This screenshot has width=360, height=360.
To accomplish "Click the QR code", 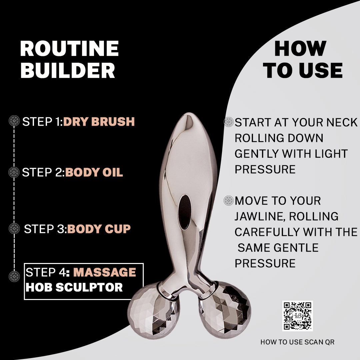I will tap(297, 316).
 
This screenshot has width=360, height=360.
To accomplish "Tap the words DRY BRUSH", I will tap(99, 122).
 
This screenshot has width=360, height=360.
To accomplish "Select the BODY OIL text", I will tap(94, 172).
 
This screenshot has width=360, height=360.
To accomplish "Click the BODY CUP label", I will tap(99, 229).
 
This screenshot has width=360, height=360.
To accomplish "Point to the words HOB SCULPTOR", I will tap(74, 287).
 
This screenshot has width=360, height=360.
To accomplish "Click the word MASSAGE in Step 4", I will tap(105, 272).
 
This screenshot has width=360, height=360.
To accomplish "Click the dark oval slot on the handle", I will tap(185, 212).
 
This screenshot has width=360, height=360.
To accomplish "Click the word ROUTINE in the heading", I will tap(69, 49).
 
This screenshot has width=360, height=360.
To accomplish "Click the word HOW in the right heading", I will tap(300, 49).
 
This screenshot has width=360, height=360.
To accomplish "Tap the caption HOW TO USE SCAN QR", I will tap(297, 342).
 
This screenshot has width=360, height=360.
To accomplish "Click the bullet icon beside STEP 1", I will tap(14, 121).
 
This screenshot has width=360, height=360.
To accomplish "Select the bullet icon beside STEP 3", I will tap(14, 228).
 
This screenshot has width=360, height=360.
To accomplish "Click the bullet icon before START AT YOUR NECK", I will tap(229, 122).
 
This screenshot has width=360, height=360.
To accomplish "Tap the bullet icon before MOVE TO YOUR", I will tap(229, 200).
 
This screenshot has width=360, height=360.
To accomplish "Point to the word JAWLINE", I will tap(260, 216).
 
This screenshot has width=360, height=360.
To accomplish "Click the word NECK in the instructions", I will tap(340, 122).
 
